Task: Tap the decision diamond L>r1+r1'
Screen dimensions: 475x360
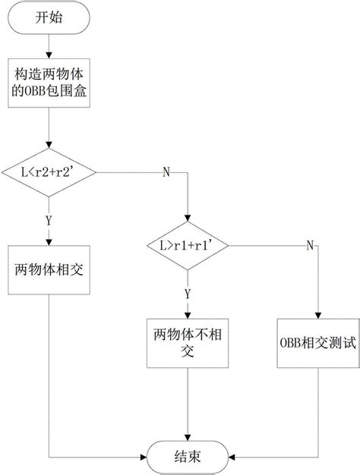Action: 187,245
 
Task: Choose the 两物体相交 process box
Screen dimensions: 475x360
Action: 49,269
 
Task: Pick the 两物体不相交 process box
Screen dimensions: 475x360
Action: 187,343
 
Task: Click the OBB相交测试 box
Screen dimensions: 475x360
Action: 317,343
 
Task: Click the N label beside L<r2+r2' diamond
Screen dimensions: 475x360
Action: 166,171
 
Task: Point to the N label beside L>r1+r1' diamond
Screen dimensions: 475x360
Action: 309,245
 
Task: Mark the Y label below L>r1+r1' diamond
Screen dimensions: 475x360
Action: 187,291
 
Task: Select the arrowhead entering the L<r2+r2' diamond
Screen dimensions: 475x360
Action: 49,147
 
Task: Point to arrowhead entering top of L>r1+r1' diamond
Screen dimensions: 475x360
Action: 187,221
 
